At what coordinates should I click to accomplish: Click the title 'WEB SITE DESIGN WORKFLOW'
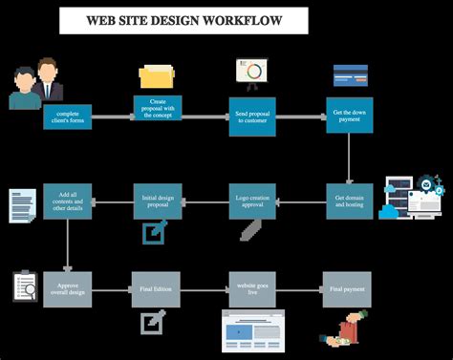click(x=183, y=19)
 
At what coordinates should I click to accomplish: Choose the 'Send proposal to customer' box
click(x=252, y=116)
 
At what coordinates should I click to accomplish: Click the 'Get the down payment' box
click(x=349, y=116)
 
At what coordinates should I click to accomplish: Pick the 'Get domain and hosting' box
click(x=349, y=201)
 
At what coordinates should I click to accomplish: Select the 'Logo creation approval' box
click(x=252, y=201)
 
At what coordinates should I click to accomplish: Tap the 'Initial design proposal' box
click(x=157, y=201)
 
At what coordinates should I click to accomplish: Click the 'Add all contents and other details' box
click(x=67, y=201)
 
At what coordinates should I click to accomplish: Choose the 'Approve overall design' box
click(x=67, y=289)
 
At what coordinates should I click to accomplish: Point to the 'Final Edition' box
click(x=157, y=289)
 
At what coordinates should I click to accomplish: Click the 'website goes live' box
click(x=252, y=289)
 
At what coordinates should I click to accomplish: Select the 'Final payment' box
click(x=347, y=289)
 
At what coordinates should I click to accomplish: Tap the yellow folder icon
click(x=157, y=76)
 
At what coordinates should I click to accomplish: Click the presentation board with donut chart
click(x=253, y=73)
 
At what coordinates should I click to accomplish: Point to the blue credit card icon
click(x=351, y=75)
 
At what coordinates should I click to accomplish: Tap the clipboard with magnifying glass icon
click(x=25, y=286)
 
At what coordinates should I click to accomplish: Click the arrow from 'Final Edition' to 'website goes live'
click(x=205, y=289)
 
